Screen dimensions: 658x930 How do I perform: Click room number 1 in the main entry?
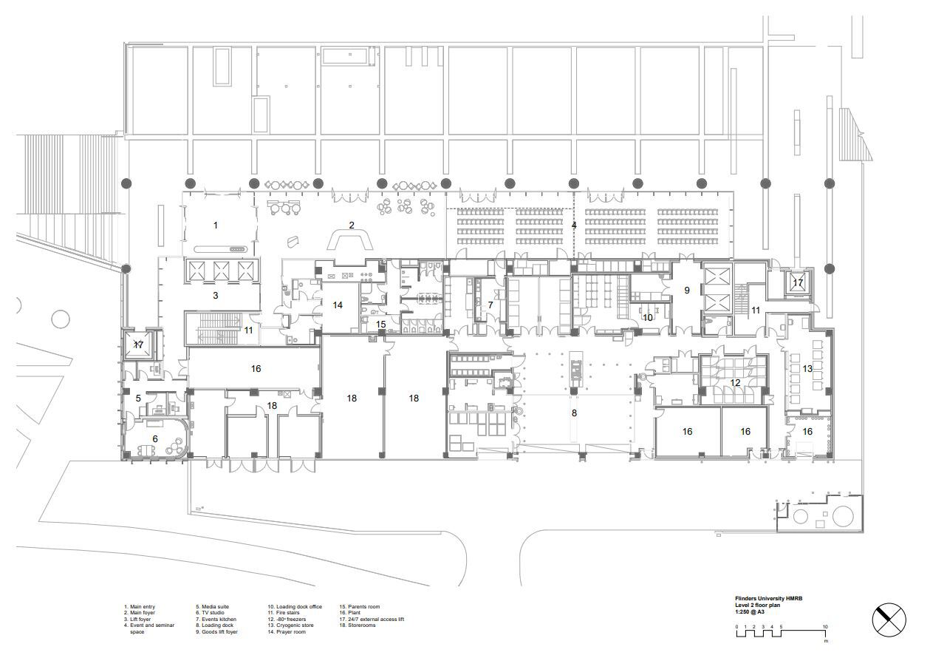pyautogui.click(x=216, y=225)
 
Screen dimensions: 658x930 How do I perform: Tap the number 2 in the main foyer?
pyautogui.click(x=352, y=225)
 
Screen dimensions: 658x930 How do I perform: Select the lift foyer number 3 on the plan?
pyautogui.click(x=216, y=295)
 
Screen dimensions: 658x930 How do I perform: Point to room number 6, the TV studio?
pyautogui.click(x=155, y=438)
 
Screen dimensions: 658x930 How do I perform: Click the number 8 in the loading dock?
pyautogui.click(x=574, y=413)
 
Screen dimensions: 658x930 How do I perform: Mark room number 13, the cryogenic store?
pyautogui.click(x=807, y=368)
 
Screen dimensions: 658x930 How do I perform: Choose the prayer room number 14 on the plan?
pyautogui.click(x=338, y=305)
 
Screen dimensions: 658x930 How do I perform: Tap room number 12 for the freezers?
pyautogui.click(x=735, y=382)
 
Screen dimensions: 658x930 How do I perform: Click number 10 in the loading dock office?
pyautogui.click(x=648, y=317)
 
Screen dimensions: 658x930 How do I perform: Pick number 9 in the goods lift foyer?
pyautogui.click(x=687, y=291)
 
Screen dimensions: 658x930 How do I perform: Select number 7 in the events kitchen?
pyautogui.click(x=490, y=305)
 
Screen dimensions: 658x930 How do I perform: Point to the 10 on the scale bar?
pyautogui.click(x=825, y=626)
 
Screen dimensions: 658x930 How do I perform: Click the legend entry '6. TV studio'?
pyautogui.click(x=215, y=613)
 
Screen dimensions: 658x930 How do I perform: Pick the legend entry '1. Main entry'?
pyautogui.click(x=140, y=606)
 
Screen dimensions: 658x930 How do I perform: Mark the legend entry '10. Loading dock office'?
pyautogui.click(x=295, y=606)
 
